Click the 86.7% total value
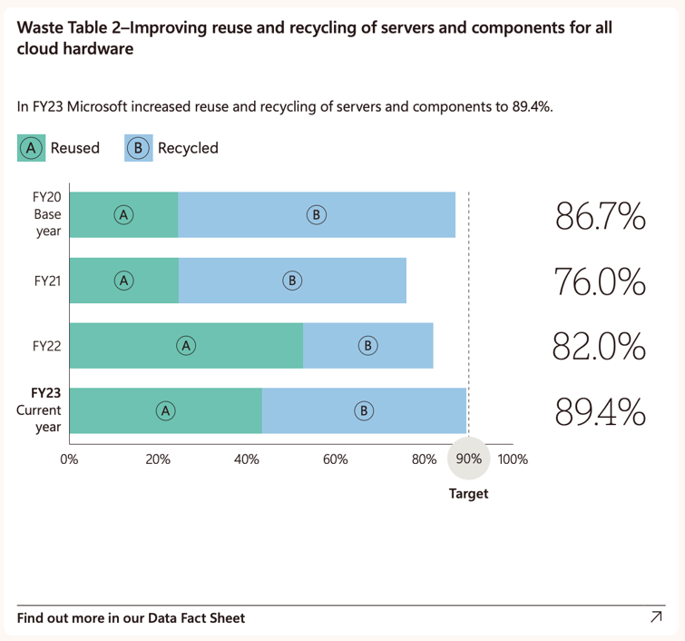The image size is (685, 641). (x=600, y=217)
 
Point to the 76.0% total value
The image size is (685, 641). (x=600, y=282)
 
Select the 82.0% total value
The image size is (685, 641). (x=600, y=347)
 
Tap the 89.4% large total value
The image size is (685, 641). (x=600, y=412)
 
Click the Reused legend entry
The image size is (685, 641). (x=60, y=148)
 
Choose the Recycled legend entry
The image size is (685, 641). (x=172, y=148)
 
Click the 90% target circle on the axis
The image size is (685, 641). (x=468, y=459)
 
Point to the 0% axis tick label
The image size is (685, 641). (x=70, y=459)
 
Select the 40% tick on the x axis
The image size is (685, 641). (x=247, y=459)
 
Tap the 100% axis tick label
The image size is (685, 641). (x=513, y=459)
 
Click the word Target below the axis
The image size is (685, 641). (x=468, y=494)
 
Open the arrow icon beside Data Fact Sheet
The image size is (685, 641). (x=656, y=617)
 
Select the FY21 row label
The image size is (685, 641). (x=47, y=281)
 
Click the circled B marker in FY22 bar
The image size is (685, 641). (x=367, y=346)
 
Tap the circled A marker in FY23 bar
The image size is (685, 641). (x=165, y=411)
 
